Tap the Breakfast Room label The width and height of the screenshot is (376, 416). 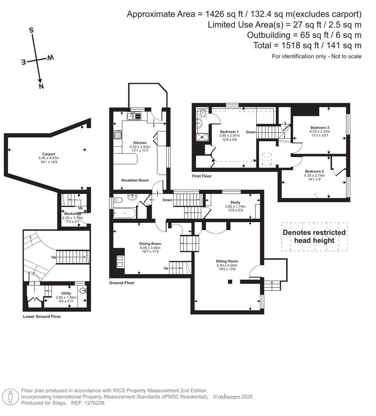pyautogui.click(x=135, y=180)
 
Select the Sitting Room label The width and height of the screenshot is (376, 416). pyautogui.click(x=227, y=261)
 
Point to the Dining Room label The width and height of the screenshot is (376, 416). pyautogui.click(x=150, y=243)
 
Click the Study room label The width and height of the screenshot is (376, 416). pyautogui.click(x=235, y=202)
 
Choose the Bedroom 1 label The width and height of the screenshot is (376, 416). pyautogui.click(x=229, y=132)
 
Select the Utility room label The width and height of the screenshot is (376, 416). pyautogui.click(x=66, y=293)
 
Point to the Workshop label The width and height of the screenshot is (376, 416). pyautogui.click(x=72, y=214)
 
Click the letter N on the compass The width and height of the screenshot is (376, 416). pyautogui.click(x=41, y=86)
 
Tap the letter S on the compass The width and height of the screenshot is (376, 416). pyautogui.click(x=32, y=30)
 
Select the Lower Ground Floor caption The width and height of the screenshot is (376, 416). pyautogui.click(x=42, y=317)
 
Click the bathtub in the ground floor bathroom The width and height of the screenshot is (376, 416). pyautogui.click(x=124, y=213)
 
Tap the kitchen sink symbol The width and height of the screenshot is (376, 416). pyautogui.click(x=135, y=115)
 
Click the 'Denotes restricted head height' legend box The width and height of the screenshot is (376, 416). pyautogui.click(x=314, y=237)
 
